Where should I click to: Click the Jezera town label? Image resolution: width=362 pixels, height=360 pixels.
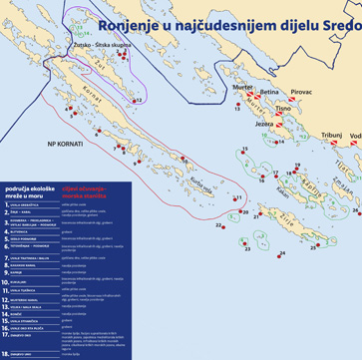[x=265, y=124]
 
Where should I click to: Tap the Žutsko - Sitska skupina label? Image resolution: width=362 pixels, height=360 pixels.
[x=100, y=46]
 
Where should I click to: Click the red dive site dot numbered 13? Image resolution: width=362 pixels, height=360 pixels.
[x=238, y=103]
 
